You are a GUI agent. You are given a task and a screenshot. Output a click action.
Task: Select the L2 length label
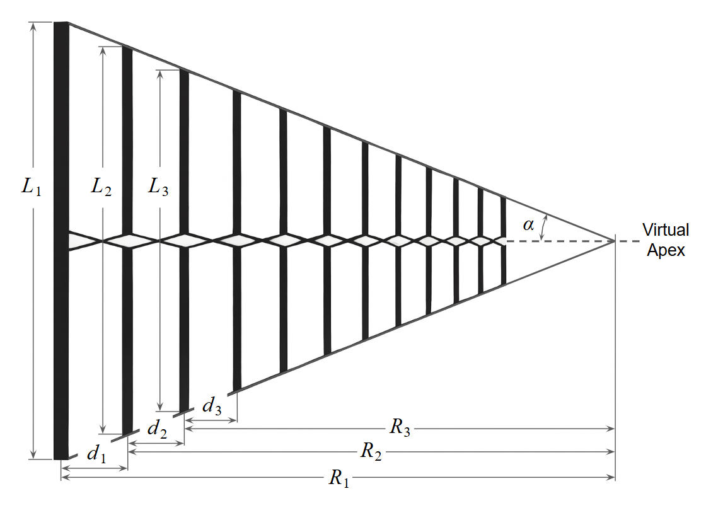pos(101,187)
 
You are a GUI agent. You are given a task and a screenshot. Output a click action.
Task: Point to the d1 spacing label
pos(96,453)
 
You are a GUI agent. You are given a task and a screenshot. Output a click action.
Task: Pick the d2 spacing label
pos(157,430)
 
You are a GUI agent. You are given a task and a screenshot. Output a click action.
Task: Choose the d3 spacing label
pos(212,407)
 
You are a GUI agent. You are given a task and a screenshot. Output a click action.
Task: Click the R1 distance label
pos(339,479)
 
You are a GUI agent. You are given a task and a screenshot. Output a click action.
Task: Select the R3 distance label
pos(400,428)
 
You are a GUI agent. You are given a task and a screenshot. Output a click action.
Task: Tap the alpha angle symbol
pos(528,226)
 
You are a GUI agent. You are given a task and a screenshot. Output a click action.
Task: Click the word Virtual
pos(666,229)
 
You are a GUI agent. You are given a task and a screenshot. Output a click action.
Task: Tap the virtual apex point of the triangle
pos(615,241)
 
